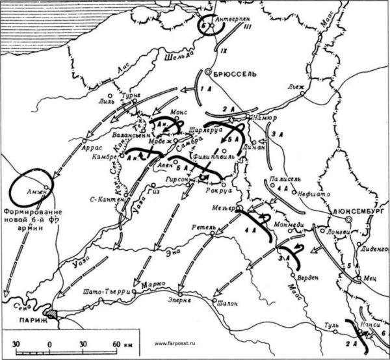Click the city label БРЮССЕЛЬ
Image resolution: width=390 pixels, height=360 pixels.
coord(236,74)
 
